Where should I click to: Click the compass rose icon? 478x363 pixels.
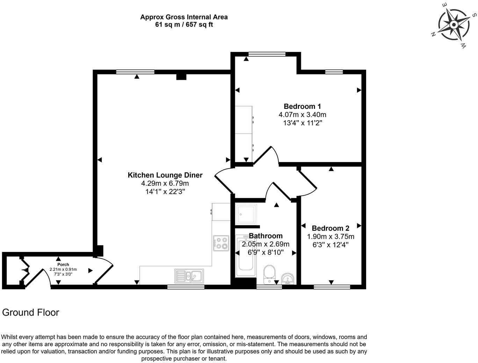(x=454, y=25)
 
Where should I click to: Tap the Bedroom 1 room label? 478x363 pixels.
(x=302, y=106)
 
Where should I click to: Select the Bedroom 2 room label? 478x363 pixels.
(x=330, y=228)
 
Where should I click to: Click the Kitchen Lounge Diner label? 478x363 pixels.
(x=165, y=175)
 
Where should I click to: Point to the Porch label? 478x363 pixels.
(x=63, y=265)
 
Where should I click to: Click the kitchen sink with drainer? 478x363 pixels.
(x=189, y=276)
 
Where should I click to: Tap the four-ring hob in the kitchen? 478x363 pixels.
(x=221, y=243)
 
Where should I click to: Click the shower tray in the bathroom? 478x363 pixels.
(x=246, y=214)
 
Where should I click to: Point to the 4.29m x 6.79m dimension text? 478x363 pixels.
(x=165, y=183)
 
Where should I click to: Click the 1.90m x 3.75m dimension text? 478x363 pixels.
(x=330, y=237)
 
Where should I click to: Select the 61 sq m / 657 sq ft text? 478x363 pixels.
(x=184, y=24)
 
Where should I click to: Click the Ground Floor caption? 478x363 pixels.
(x=31, y=312)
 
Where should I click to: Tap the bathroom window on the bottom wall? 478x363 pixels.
(x=269, y=287)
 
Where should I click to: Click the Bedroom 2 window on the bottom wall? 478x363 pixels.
(x=332, y=287)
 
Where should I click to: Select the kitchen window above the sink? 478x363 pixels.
(x=186, y=287)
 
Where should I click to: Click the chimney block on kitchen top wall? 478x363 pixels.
(x=181, y=76)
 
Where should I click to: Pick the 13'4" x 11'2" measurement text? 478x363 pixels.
(x=302, y=123)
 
